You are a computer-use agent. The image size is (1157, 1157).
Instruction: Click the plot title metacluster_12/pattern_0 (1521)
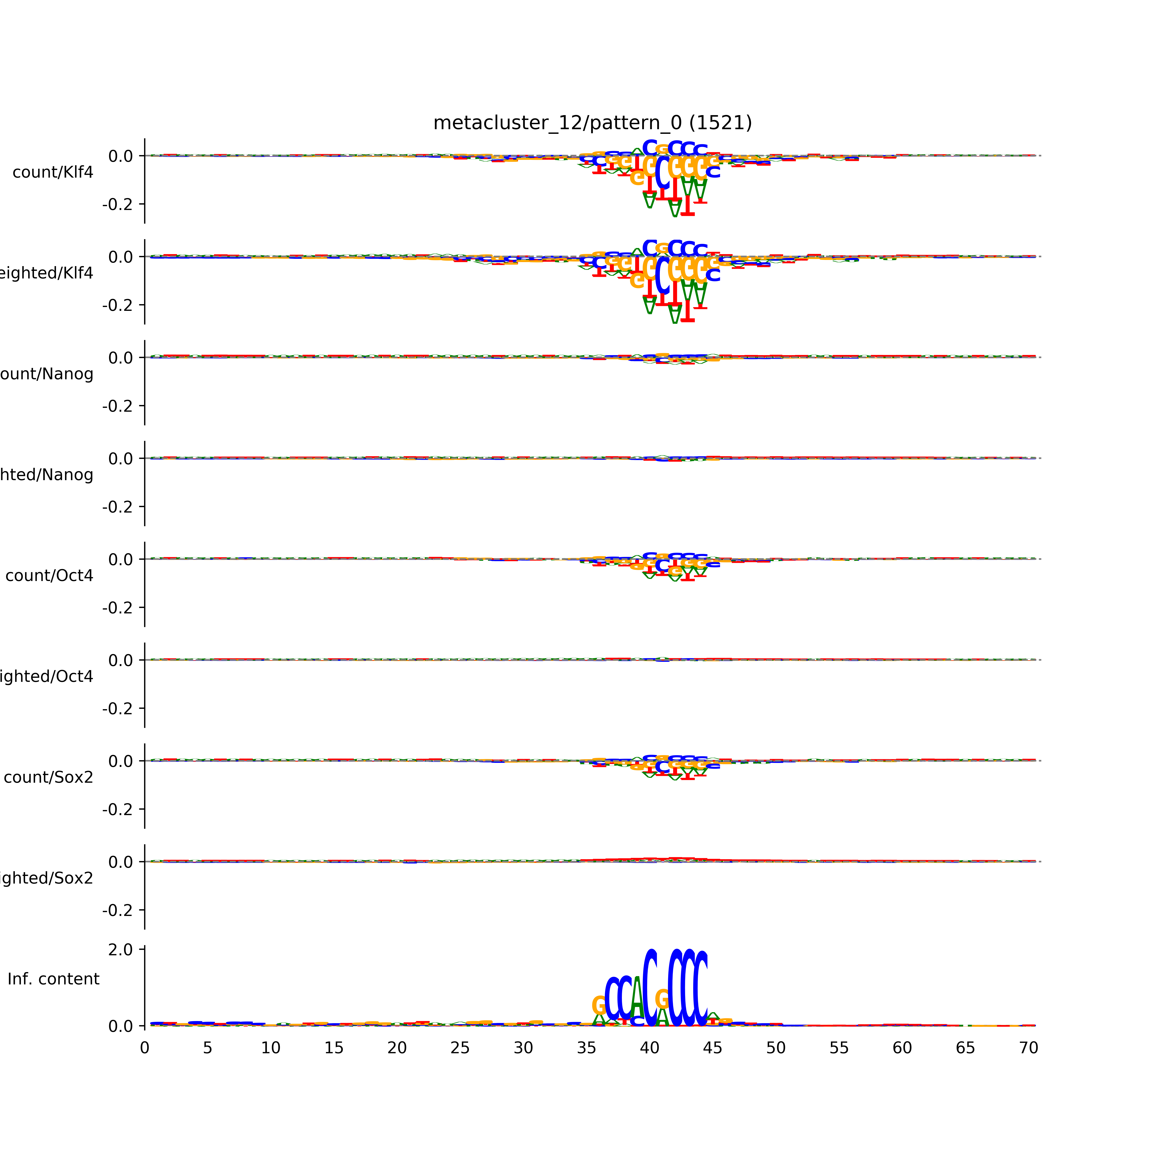[592, 123]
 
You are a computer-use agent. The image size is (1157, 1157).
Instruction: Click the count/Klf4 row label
[53, 172]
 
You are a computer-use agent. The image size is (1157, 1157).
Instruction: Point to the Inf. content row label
[53, 979]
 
